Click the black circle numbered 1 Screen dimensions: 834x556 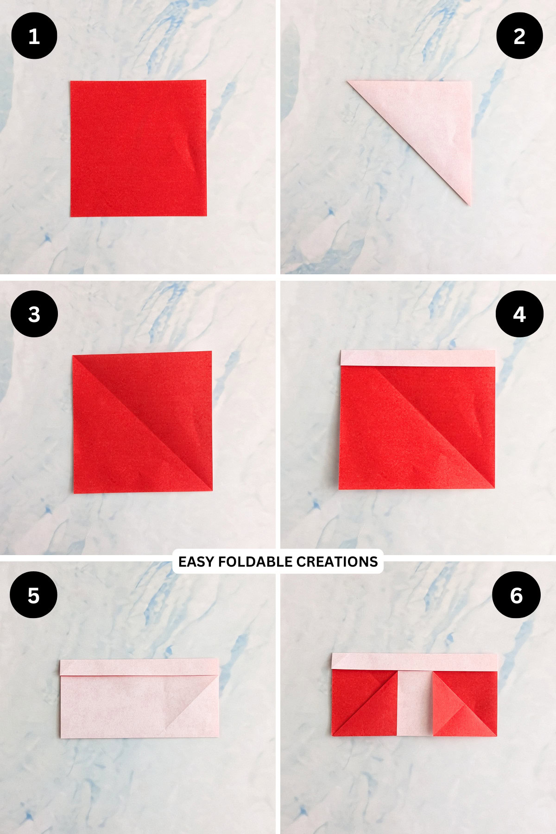pyautogui.click(x=34, y=36)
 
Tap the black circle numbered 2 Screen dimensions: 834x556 pyautogui.click(x=519, y=36)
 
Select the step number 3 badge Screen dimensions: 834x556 pyautogui.click(x=34, y=314)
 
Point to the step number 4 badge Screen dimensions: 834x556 pyautogui.click(x=519, y=314)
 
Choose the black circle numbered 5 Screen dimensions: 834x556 pyautogui.click(x=33, y=595)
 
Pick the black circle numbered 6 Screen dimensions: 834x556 pyautogui.click(x=516, y=595)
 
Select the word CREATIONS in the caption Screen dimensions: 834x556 pyautogui.click(x=337, y=562)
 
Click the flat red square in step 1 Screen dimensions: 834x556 pyautogui.click(x=138, y=148)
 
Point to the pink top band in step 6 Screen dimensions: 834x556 pyautogui.click(x=415, y=662)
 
